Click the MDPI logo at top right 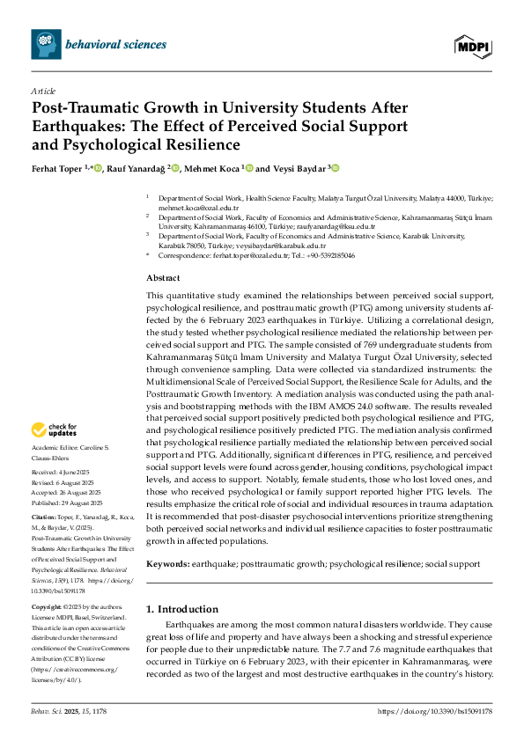tap(473, 44)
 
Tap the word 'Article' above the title tap(42, 91)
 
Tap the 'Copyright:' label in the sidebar tap(46, 608)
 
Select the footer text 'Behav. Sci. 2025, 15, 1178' tap(69, 711)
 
